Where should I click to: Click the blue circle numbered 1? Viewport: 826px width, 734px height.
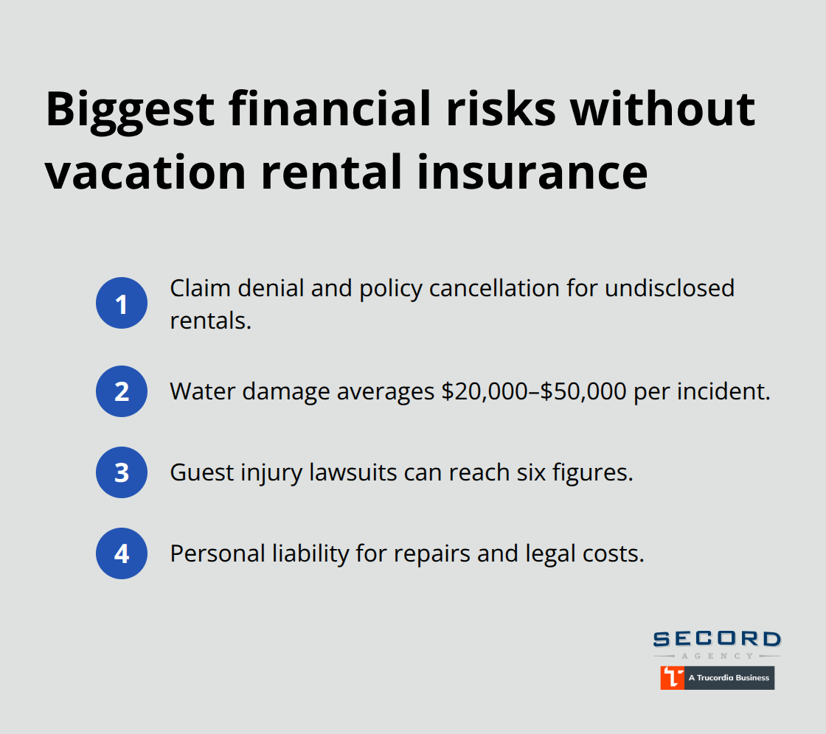[x=122, y=303]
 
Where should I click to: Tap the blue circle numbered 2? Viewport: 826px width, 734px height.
[x=122, y=391]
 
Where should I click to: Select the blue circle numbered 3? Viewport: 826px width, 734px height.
[x=122, y=472]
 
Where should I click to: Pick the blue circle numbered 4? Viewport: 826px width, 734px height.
[x=122, y=553]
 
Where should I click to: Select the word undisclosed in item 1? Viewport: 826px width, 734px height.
[x=670, y=288]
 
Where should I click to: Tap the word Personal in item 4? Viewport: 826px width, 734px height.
[x=206, y=553]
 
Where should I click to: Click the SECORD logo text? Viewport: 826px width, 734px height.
[x=717, y=640]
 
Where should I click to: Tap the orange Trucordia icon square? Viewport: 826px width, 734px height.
[x=672, y=678]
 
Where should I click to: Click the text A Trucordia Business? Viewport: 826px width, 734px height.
[x=729, y=678]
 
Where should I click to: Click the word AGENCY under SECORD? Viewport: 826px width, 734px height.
[x=717, y=655]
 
